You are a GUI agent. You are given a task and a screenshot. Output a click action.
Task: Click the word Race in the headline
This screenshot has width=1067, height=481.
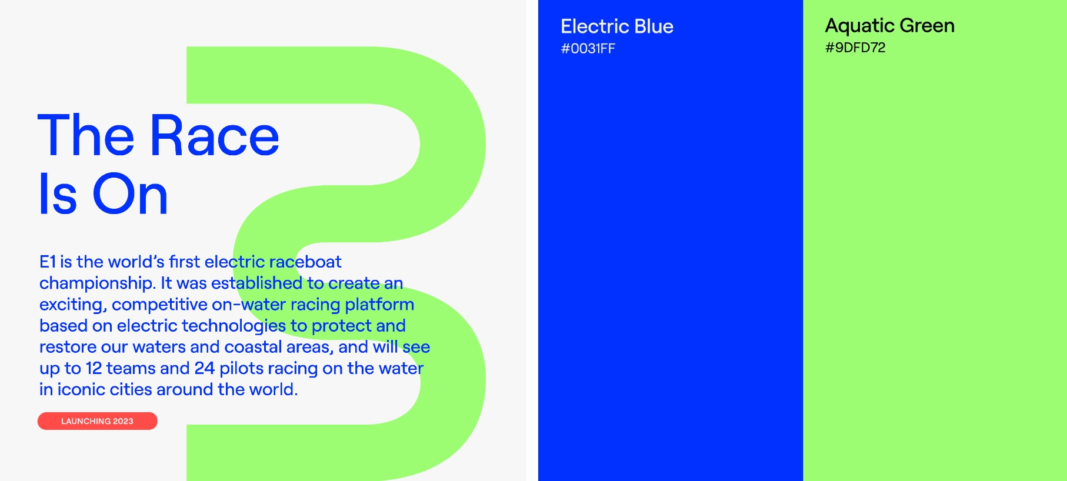215,136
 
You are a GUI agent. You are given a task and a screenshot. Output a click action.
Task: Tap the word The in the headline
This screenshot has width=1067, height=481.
86,136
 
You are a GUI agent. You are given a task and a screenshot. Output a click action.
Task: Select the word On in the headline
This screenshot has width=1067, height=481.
131,194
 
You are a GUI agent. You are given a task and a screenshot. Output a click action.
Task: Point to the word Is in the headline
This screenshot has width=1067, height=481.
58,194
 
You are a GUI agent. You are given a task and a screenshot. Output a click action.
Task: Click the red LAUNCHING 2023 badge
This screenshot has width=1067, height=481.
98,421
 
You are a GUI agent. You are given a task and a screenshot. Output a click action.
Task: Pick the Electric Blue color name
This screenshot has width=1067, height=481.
617,26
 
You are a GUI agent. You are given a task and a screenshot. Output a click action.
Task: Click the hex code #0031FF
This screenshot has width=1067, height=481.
588,49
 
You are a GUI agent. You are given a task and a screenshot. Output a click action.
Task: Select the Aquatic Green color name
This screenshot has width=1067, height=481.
890,26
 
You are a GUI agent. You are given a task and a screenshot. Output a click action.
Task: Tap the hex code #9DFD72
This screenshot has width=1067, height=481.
855,48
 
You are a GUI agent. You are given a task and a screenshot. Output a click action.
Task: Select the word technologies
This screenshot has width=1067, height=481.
234,326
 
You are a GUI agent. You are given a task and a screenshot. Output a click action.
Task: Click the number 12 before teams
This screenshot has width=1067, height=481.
94,368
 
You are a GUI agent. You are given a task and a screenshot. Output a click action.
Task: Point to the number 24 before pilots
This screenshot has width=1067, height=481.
205,368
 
